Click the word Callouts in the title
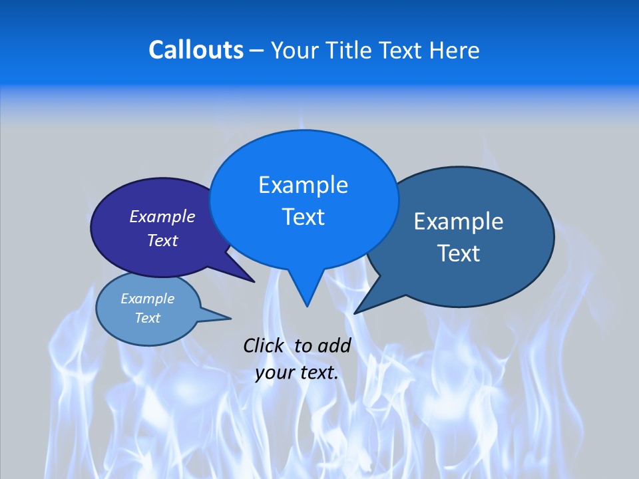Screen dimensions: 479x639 pyautogui.click(x=196, y=50)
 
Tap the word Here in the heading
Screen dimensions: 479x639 pyautogui.click(x=455, y=50)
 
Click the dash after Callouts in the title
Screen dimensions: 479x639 pyautogui.click(x=257, y=51)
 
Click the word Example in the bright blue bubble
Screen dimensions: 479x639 pyautogui.click(x=303, y=185)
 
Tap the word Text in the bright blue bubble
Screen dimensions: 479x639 pyautogui.click(x=303, y=217)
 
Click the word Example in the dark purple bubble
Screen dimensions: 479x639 pyautogui.click(x=162, y=216)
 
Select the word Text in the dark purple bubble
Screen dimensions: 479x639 pyautogui.click(x=162, y=240)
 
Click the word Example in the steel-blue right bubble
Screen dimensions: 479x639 pyautogui.click(x=459, y=222)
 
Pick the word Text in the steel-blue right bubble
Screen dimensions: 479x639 pyautogui.click(x=459, y=253)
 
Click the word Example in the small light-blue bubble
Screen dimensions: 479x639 pyautogui.click(x=147, y=299)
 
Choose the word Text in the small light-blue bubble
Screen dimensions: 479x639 pyautogui.click(x=147, y=318)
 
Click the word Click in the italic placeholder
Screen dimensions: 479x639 pyautogui.click(x=263, y=345)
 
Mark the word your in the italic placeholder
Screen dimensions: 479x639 pyautogui.click(x=275, y=373)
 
